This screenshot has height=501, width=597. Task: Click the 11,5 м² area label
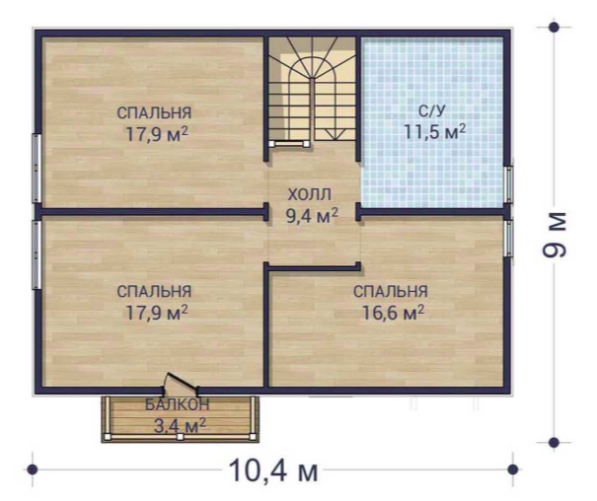point(434,131)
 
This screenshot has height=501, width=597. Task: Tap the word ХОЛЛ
point(309,194)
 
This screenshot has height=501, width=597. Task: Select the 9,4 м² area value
point(312,216)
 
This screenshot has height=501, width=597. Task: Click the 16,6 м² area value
point(393,313)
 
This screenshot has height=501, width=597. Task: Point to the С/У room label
point(432,111)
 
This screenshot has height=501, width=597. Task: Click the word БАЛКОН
point(178,404)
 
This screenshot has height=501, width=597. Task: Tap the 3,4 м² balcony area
point(180,425)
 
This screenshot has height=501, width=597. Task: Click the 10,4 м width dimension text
point(273,470)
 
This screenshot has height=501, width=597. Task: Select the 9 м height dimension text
point(554,235)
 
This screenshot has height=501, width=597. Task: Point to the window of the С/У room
point(508,184)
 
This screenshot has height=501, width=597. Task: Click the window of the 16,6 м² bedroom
point(508,239)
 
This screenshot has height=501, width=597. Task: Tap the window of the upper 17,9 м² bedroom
point(37,168)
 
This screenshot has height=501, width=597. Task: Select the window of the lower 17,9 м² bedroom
point(37,255)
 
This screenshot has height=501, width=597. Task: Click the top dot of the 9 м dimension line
point(554,27)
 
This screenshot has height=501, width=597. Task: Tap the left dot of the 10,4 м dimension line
point(33,469)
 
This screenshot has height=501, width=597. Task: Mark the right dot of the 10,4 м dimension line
point(513,469)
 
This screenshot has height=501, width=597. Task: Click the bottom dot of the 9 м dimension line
point(554,443)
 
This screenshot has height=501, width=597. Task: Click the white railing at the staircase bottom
point(289,143)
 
